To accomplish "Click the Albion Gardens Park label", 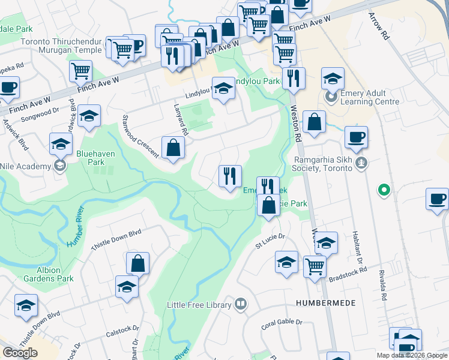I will coord(48,274).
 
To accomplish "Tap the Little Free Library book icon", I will coord(241,305).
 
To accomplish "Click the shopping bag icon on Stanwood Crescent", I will coord(173,147).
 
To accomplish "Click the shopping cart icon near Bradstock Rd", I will coord(315,265).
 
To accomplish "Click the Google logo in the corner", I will coord(20,352).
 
